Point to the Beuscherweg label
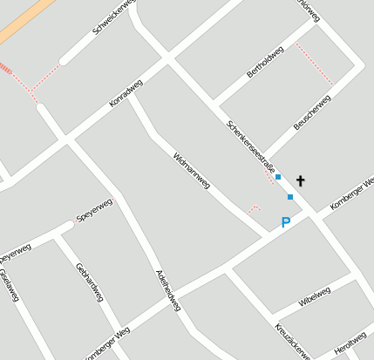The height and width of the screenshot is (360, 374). [312, 113]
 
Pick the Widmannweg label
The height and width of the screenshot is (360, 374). [192, 172]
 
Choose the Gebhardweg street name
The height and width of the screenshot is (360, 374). [90, 282]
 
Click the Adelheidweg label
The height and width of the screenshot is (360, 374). [167, 289]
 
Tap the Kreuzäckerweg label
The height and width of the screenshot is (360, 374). [292, 341]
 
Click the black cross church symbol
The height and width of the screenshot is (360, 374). [301, 180]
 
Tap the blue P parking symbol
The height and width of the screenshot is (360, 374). [285, 223]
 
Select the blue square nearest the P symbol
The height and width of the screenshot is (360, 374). [290, 197]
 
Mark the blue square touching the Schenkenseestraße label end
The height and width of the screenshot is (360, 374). [278, 177]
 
